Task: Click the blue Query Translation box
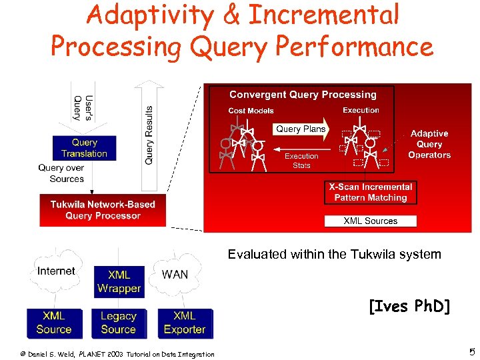tap(84, 148)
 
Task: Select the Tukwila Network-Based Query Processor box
tap(103, 210)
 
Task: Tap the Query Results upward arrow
tap(148, 133)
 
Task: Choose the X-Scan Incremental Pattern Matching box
tap(371, 192)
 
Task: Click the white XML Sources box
tap(371, 221)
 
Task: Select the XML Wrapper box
tap(119, 281)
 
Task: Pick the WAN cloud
tap(175, 274)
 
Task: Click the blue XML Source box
tap(53, 323)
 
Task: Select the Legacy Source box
tap(119, 323)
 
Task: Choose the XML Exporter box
tap(184, 323)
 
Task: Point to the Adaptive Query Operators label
tap(429, 144)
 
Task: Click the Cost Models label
tap(251, 111)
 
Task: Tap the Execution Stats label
tap(301, 161)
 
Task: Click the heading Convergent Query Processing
tap(303, 95)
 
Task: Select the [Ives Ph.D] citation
tap(409, 307)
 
